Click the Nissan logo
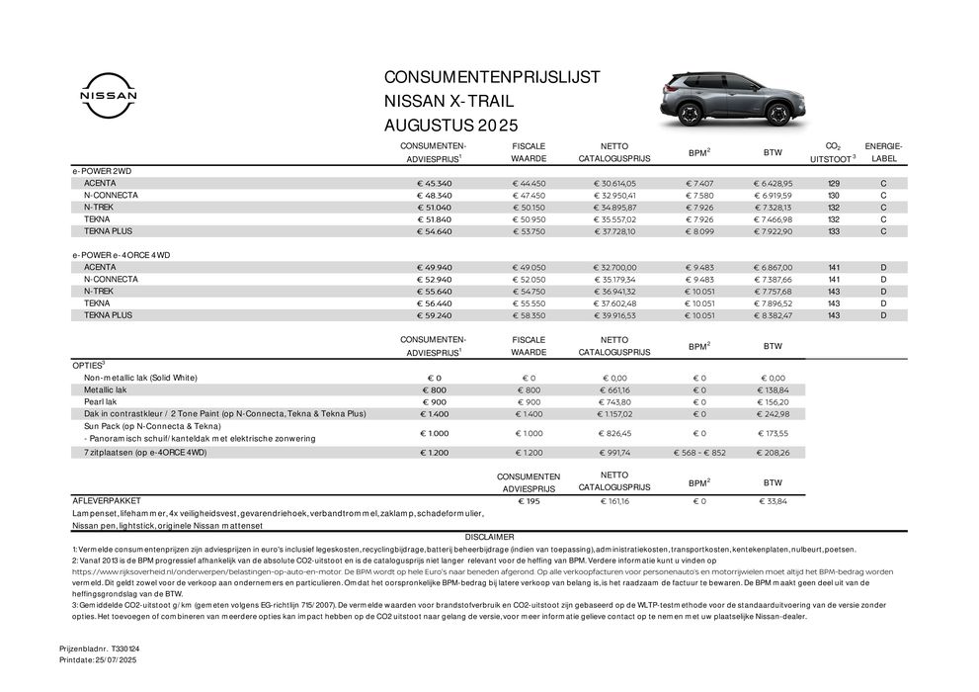(103, 98)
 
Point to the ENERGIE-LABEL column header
(883, 152)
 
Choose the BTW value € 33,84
(773, 502)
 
